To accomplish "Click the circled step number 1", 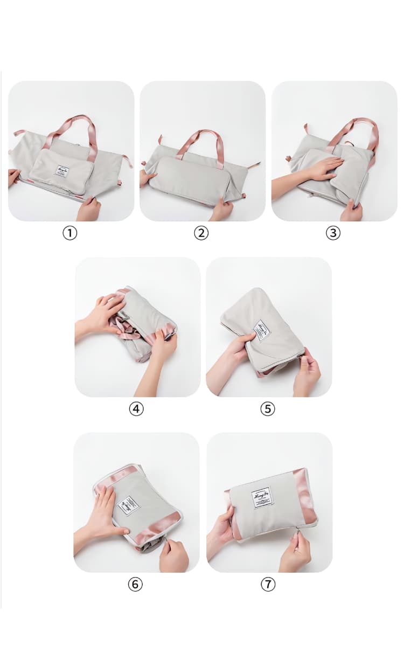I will [69, 233].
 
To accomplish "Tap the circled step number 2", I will [201, 233].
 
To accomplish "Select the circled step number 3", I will [333, 233].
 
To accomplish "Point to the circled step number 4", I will [136, 408].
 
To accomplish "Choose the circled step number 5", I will [268, 408].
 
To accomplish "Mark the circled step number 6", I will [136, 584].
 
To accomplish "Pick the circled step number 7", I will [268, 584].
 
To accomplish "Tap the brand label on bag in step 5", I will [262, 330].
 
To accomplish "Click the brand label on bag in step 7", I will [263, 498].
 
